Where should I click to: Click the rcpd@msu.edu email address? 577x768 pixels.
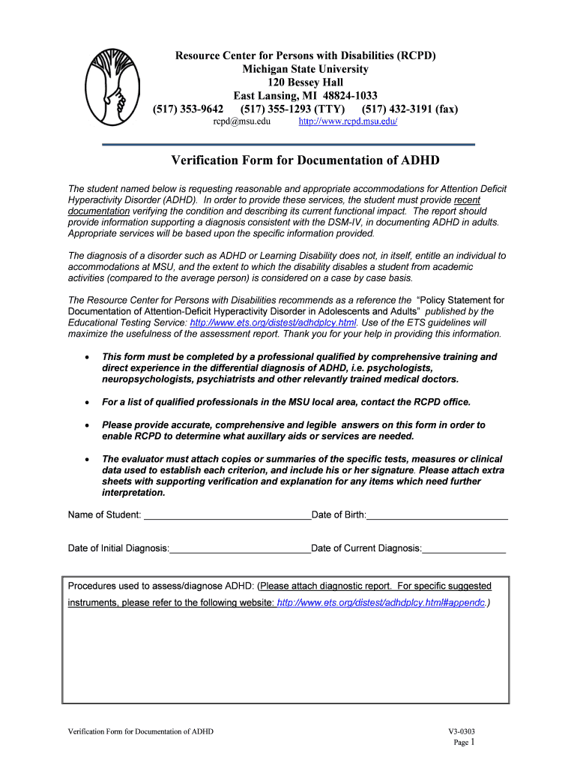point(241,121)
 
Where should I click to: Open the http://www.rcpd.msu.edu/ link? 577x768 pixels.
point(348,121)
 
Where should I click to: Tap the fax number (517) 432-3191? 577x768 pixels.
point(409,109)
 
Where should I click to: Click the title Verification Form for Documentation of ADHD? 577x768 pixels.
point(305,160)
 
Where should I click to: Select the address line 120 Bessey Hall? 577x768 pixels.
point(305,82)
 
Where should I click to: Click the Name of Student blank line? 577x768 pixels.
point(227,516)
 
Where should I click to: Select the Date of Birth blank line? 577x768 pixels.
point(438,516)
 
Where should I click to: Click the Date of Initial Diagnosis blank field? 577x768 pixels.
point(240,549)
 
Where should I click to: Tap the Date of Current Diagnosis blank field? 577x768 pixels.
point(464,549)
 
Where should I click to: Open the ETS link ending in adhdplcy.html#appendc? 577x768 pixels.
point(381,603)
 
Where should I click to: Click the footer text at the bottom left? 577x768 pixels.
point(140,731)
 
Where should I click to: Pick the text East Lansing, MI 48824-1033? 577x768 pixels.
point(305,96)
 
